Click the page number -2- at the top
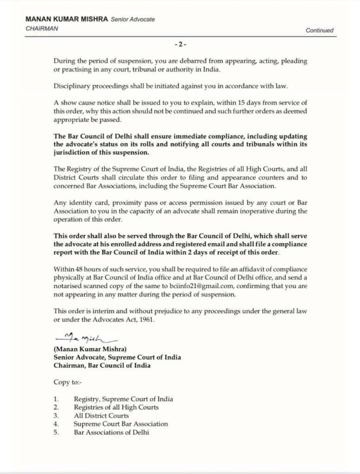pos(180,44)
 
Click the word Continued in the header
pos(319,31)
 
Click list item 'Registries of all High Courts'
pos(116,407)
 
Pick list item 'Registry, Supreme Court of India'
pos(123,399)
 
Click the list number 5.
pos(56,432)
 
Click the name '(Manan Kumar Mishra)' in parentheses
pos(87,349)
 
